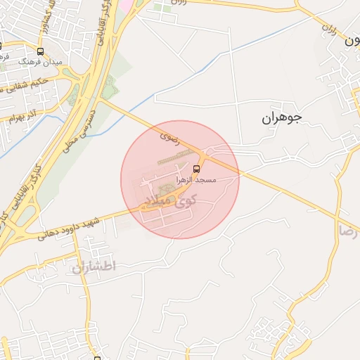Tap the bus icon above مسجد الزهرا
click(x=197, y=169)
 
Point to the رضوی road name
click(x=169, y=133)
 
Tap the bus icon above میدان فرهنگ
click(x=40, y=51)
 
